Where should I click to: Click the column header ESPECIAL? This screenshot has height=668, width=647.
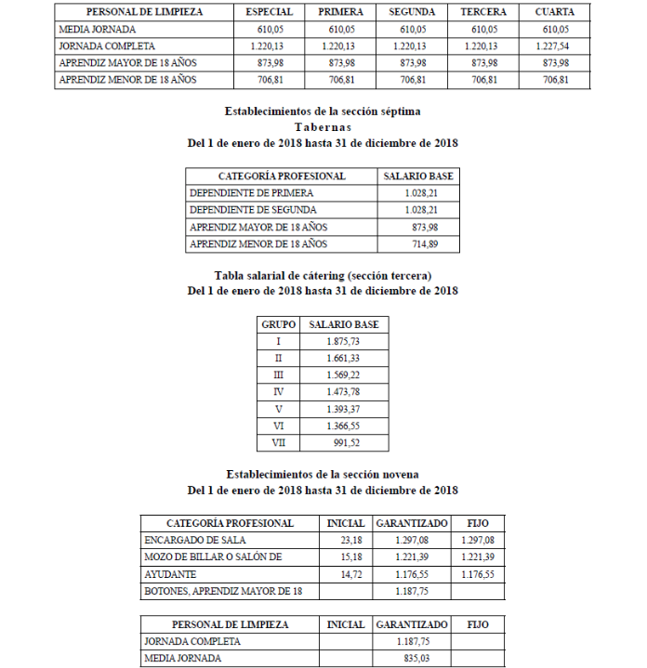[x=270, y=12]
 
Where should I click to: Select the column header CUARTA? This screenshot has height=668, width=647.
[x=554, y=12]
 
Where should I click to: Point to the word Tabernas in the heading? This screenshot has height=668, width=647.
[x=323, y=127]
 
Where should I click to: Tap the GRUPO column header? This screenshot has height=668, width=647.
[x=278, y=324]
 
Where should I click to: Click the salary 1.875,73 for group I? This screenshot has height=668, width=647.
[x=343, y=342]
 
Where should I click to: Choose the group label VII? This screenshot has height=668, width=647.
[x=278, y=442]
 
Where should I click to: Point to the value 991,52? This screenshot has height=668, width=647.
[x=348, y=442]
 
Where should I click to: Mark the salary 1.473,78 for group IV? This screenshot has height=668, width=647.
[x=343, y=392]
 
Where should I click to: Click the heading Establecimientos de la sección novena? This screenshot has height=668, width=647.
[x=323, y=474]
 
